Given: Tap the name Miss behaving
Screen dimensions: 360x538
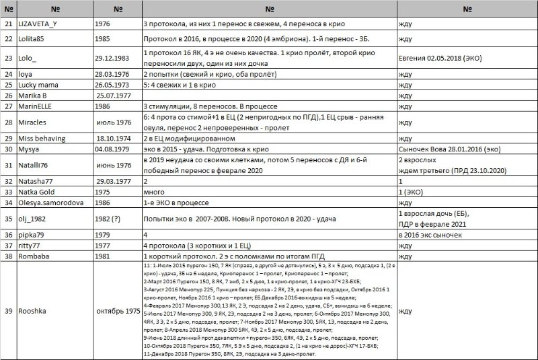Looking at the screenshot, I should [x=45, y=137].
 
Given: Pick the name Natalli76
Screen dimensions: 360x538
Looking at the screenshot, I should [x=38, y=165].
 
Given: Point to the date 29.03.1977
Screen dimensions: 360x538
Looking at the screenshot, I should [x=112, y=181].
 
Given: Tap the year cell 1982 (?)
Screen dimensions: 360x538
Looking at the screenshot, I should [x=111, y=219].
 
